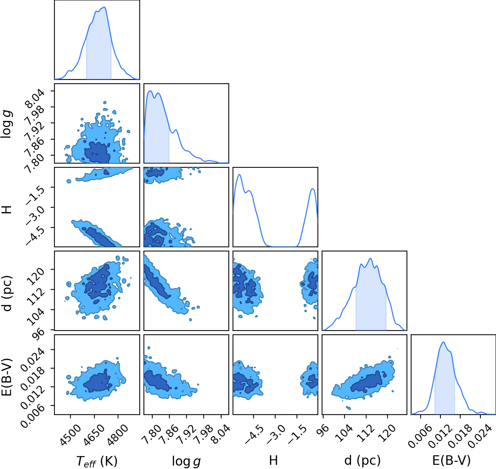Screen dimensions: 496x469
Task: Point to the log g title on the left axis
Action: (6, 124)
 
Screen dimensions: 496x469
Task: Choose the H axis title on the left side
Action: (6, 210)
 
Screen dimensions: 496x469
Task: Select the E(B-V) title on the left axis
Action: (6, 377)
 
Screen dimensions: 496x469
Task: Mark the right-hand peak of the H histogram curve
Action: (313, 189)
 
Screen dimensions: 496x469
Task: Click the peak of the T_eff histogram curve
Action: (104, 7)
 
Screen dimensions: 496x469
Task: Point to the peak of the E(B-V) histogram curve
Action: (443, 342)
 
